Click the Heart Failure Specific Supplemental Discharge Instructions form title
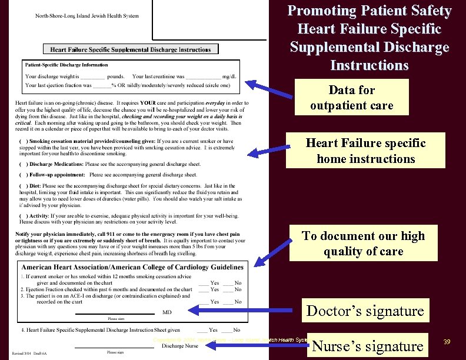pos(130,50)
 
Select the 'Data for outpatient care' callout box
pos(351,98)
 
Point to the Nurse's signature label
pos(368,346)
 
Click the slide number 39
pos(448,342)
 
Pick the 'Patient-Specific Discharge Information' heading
pos(66,65)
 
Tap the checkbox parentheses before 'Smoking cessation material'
pos(22,141)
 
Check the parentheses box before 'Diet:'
pos(22,185)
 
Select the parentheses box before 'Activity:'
pos(22,216)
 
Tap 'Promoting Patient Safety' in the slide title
pos(370,11)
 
